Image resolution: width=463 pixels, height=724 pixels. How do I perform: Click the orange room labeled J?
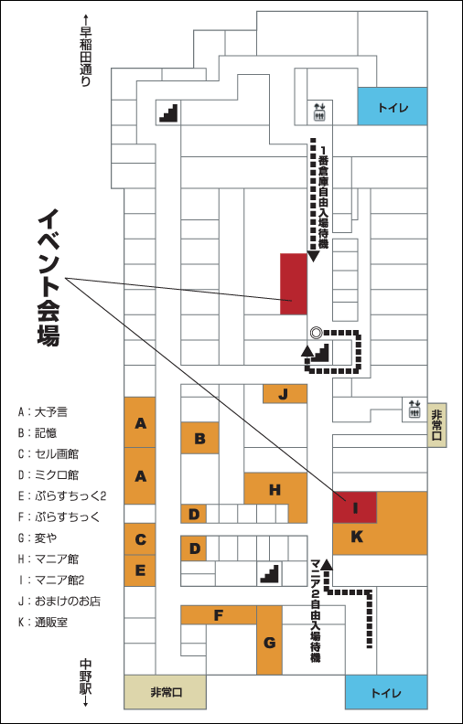pyautogui.click(x=285, y=393)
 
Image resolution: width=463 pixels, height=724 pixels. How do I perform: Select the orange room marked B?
pyautogui.click(x=199, y=438)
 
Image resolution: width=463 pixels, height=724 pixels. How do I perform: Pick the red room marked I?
pyautogui.click(x=355, y=507)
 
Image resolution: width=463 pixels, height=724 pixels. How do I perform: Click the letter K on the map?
pyautogui.click(x=357, y=537)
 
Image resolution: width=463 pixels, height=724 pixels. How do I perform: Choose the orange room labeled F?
pyautogui.click(x=219, y=614)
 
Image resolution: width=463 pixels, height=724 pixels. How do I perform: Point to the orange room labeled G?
pyautogui.click(x=269, y=641)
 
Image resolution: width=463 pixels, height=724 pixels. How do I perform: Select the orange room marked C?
pyautogui.click(x=140, y=538)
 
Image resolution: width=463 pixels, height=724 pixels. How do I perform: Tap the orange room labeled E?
pyautogui.click(x=140, y=570)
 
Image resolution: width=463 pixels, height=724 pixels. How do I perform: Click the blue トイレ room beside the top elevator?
pyautogui.click(x=393, y=106)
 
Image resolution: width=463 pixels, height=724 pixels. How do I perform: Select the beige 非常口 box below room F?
pyautogui.click(x=165, y=692)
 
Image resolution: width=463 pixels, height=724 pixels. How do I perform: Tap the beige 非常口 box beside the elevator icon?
pyautogui.click(x=437, y=424)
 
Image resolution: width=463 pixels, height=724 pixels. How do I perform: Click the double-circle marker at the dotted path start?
pyautogui.click(x=316, y=332)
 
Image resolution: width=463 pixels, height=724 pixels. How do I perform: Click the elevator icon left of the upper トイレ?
pyautogui.click(x=319, y=112)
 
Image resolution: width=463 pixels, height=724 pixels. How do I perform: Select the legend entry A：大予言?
pyautogui.click(x=43, y=412)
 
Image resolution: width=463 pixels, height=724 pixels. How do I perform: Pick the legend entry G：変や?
pyautogui.click(x=38, y=538)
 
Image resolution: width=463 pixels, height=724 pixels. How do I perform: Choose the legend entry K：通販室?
pyautogui.click(x=43, y=623)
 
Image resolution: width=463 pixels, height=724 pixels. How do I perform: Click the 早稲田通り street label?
pyautogui.click(x=85, y=50)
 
